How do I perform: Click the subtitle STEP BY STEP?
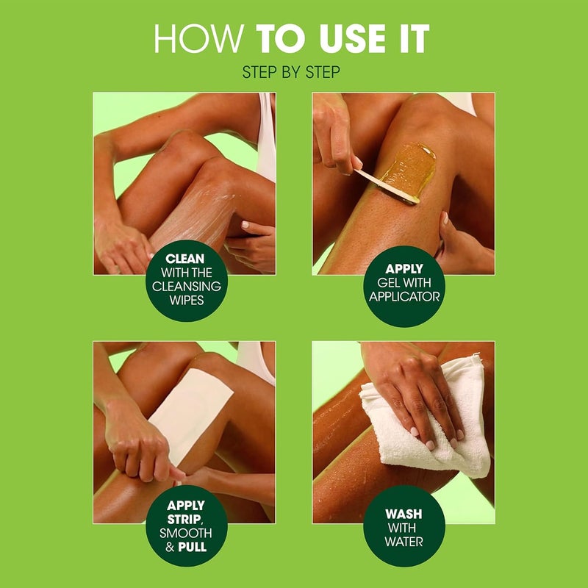pyautogui.click(x=293, y=72)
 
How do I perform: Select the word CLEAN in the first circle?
pyautogui.click(x=184, y=259)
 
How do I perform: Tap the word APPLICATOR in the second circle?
pyautogui.click(x=405, y=298)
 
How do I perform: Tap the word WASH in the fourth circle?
pyautogui.click(x=404, y=514)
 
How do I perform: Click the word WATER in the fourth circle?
pyautogui.click(x=404, y=542)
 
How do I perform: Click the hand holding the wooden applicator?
pyautogui.click(x=334, y=136)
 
